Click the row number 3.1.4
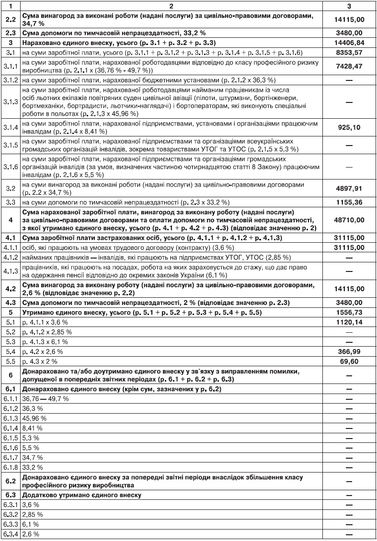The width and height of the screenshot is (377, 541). point(12,128)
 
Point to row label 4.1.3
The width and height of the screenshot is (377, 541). point(12,270)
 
